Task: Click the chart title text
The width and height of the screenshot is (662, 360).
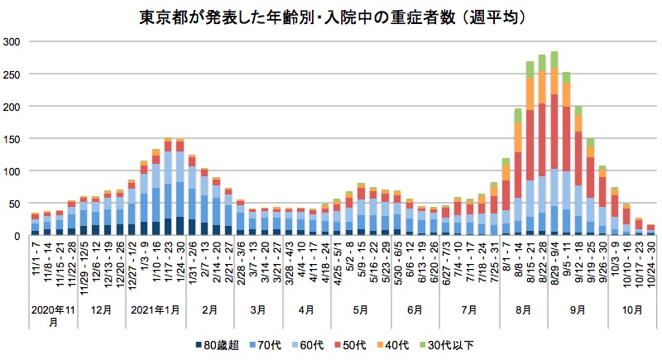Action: (331, 17)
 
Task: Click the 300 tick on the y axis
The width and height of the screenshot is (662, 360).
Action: (13, 41)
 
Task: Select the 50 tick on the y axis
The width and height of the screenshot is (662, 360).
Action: (16, 203)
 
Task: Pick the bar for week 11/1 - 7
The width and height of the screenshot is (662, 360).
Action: (35, 225)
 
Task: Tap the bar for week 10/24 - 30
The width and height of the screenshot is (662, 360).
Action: (651, 230)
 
